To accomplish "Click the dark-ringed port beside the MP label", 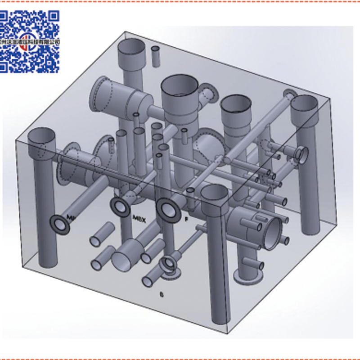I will pos(59,223).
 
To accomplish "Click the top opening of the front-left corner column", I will pos(42,136).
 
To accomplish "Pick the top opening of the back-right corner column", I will pos(304,104).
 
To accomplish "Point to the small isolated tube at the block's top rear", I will pos(155,56).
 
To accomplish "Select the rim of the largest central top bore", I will pos(180,85).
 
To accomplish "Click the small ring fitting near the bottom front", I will pos(169,263).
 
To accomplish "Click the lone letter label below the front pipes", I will pos(162,295).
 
